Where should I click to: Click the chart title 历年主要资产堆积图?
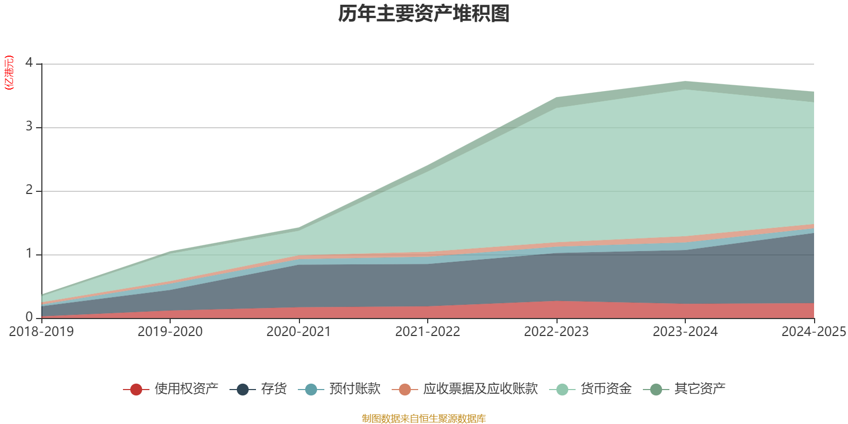point(424,14)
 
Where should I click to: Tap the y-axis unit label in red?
point(8,73)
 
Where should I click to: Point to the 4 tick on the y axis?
point(29,63)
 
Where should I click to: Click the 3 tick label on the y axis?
point(29,127)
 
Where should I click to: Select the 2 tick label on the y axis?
point(29,190)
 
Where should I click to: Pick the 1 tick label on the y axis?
point(29,254)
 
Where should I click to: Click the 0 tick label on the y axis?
point(29,317)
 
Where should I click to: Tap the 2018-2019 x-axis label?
point(41,332)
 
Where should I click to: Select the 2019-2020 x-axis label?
point(170,332)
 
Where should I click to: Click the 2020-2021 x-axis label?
point(298,332)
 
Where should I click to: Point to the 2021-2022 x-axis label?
point(427,332)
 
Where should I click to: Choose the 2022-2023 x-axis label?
point(556,332)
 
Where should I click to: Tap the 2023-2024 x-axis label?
point(685,332)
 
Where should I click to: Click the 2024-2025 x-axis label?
point(814,332)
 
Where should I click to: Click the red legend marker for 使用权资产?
point(136,390)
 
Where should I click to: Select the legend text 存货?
point(273,389)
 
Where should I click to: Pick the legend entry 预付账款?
point(355,389)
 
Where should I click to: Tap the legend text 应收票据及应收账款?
point(480,389)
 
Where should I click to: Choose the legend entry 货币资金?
point(606,389)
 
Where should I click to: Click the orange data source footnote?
point(424,419)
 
